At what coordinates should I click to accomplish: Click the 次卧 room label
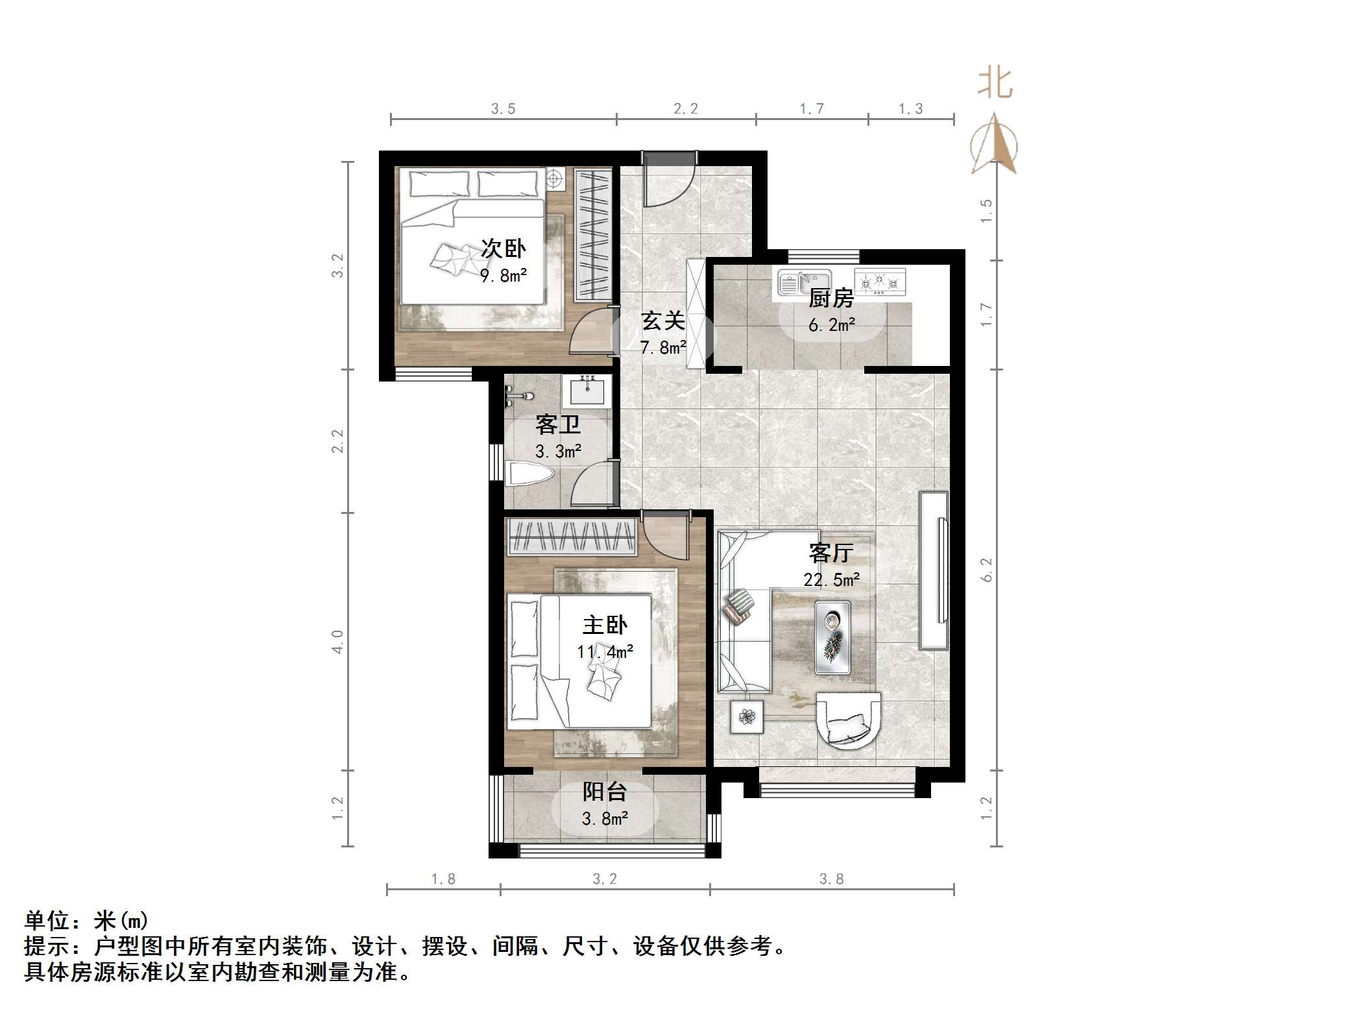click(503, 249)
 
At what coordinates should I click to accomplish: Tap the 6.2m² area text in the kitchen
click(831, 324)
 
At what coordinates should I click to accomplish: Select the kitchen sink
click(803, 283)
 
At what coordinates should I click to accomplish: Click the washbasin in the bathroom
click(587, 391)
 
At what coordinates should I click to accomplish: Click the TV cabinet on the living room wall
click(934, 570)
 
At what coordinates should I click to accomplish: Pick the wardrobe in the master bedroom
click(572, 537)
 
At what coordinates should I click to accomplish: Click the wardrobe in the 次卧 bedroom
click(593, 234)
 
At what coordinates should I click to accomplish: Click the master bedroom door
click(666, 537)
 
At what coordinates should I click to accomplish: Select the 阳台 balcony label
click(604, 792)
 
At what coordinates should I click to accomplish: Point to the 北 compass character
click(995, 84)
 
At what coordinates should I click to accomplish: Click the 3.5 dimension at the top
click(503, 109)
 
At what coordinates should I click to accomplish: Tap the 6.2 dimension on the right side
click(986, 570)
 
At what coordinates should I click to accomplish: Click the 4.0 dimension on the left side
click(337, 641)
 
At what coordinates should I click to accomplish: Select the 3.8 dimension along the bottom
click(831, 879)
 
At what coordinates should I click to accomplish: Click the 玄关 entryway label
click(662, 321)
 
